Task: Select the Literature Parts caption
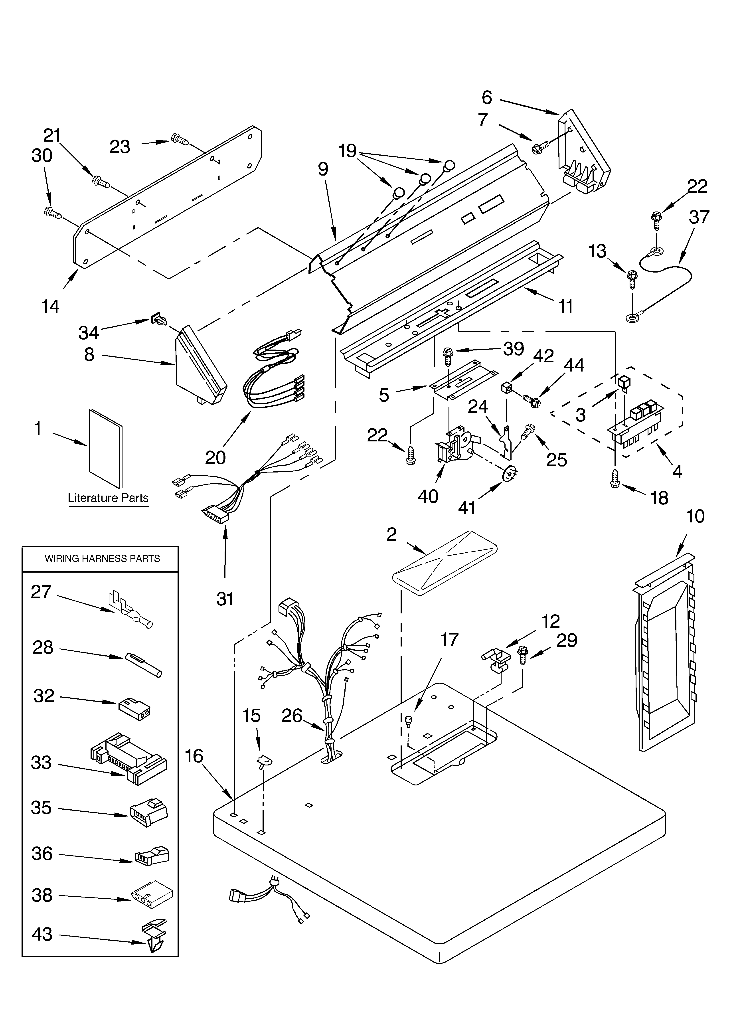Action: tap(108, 498)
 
